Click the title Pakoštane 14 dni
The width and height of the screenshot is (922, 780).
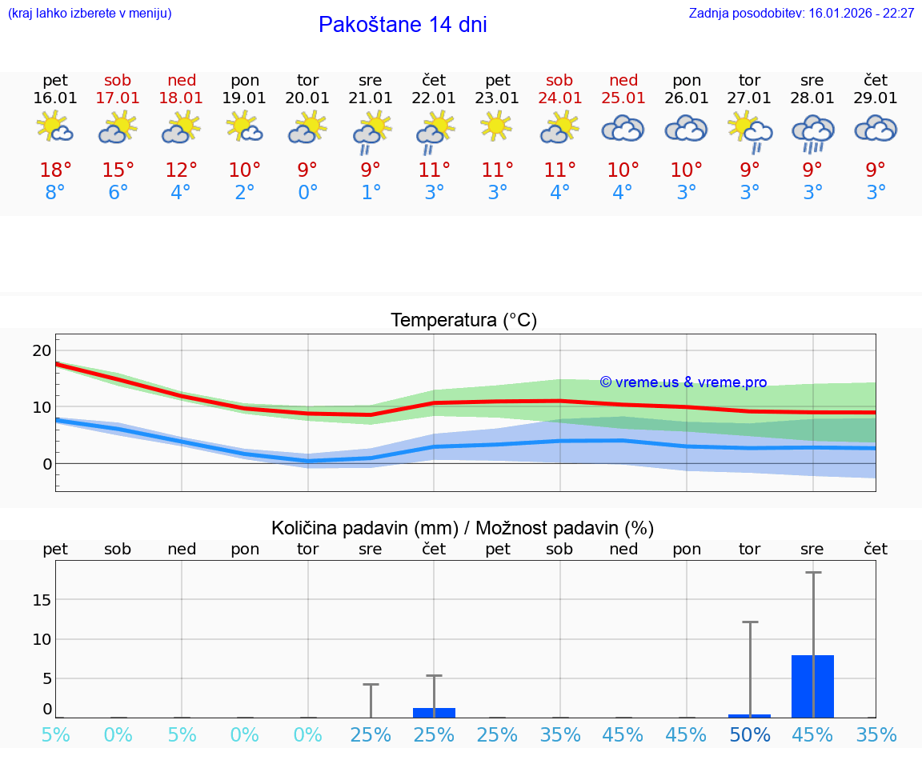tap(403, 25)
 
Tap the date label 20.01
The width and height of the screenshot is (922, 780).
tap(307, 98)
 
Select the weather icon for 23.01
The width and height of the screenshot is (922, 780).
tap(497, 126)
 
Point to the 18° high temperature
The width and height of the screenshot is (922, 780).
tap(55, 170)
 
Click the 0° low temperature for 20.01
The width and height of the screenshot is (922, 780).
tap(307, 193)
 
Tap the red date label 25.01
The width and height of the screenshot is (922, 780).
tap(623, 98)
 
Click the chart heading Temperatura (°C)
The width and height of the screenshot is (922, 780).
tap(463, 320)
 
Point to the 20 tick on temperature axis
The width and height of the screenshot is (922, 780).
tap(42, 350)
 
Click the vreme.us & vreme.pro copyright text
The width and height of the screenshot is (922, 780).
tap(683, 382)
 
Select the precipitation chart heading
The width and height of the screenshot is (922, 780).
tap(463, 528)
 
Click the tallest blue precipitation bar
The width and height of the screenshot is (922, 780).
tap(812, 686)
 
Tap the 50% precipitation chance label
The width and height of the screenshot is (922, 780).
tap(750, 734)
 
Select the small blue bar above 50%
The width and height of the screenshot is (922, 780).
tap(750, 715)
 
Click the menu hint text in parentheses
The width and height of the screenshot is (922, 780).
tap(90, 13)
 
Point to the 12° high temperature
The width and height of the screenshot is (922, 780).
tap(182, 170)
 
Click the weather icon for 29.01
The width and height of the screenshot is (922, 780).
tap(876, 128)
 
